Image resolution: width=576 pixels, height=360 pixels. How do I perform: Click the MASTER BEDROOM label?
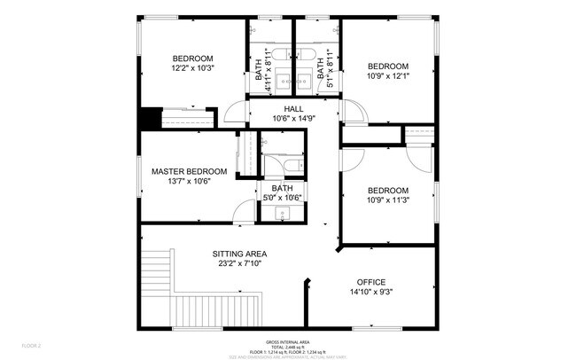(189, 171)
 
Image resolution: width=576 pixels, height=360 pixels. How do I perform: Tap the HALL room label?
(269, 109)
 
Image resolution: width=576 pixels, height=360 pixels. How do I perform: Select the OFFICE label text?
(371, 282)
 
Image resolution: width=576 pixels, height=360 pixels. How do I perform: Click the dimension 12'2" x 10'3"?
(193, 67)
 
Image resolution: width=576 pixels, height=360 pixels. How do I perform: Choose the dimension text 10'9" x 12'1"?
(388, 76)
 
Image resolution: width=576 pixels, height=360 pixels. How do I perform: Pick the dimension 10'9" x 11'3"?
(388, 200)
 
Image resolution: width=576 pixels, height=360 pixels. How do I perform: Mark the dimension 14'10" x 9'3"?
(371, 292)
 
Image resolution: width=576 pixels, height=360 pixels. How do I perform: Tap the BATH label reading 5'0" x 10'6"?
(282, 188)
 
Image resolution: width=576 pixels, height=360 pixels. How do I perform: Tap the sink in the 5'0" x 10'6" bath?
(283, 215)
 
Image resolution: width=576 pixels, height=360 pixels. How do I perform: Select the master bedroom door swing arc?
(241, 210)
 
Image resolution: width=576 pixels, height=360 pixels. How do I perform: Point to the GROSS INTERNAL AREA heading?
(287, 341)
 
